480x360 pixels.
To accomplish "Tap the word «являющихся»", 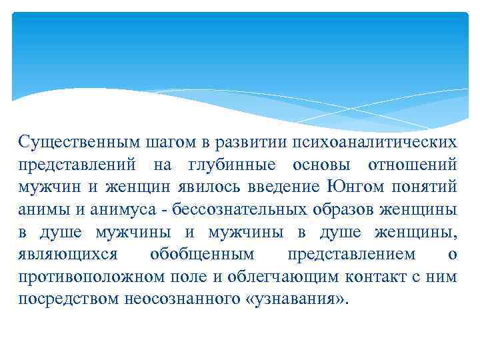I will tap(68, 254).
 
